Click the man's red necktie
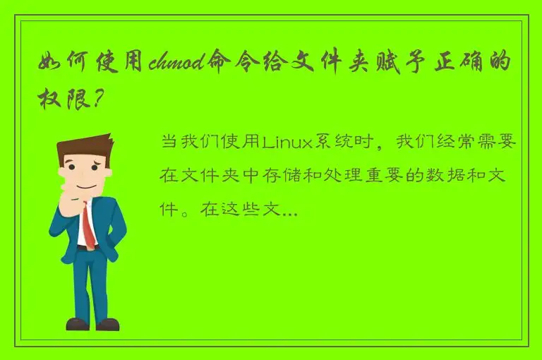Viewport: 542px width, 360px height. tap(88, 223)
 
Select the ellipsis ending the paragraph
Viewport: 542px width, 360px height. tap(289, 210)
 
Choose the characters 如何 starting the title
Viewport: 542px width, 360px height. tap(65, 64)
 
